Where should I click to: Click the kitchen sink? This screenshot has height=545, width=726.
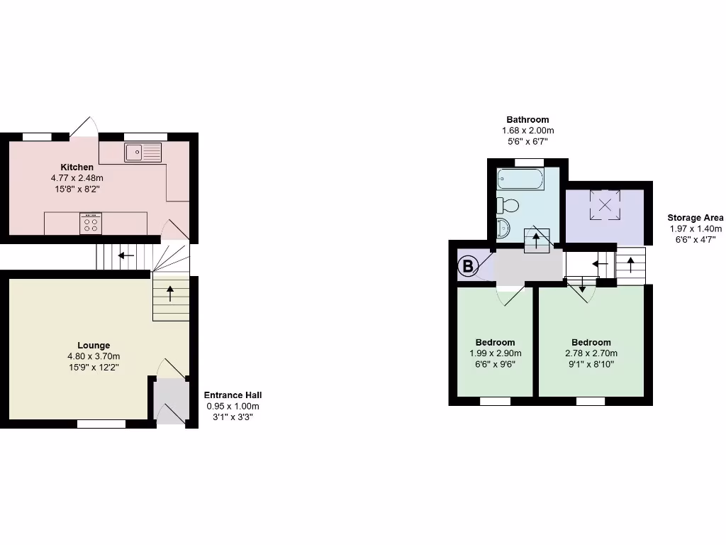pos(143,151)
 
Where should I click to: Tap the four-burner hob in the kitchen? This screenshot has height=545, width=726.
pos(91,224)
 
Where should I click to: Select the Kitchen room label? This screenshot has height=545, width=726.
pos(77,167)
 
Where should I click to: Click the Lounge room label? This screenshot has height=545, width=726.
pos(94,346)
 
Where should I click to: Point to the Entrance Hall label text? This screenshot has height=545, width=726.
pos(233,395)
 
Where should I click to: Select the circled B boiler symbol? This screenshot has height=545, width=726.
pos(467,267)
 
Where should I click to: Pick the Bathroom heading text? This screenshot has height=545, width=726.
pos(527,120)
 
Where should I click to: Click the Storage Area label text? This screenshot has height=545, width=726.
pos(696,218)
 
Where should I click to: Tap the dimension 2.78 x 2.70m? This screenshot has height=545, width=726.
pos(591,353)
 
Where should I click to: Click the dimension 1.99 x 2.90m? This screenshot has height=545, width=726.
pos(496,353)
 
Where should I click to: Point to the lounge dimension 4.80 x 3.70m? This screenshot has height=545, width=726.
pos(94,356)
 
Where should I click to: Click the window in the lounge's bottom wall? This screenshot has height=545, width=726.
pos(101,424)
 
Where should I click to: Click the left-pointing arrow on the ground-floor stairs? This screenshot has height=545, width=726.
pos(127,255)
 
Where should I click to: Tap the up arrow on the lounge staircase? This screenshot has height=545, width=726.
pos(170,290)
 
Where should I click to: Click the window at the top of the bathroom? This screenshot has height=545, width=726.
pos(528,163)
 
